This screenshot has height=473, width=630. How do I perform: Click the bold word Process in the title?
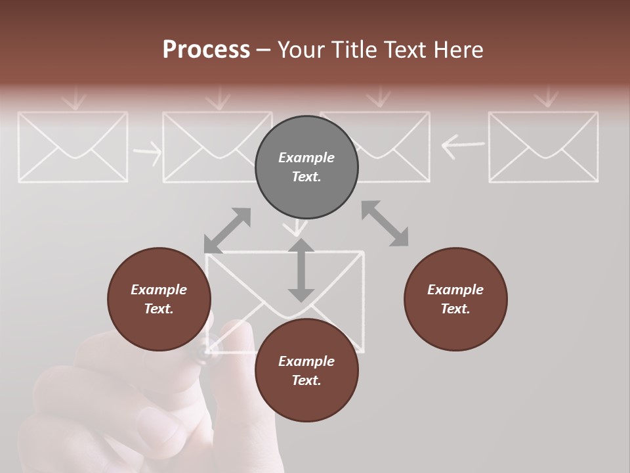206,50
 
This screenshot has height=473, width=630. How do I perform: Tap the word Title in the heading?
355,50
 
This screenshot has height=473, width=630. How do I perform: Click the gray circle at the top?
306,168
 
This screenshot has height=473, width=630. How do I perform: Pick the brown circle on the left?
159,299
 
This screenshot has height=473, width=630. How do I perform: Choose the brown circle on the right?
455,299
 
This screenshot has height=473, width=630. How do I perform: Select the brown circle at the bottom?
306,371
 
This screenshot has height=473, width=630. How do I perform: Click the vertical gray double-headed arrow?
301,270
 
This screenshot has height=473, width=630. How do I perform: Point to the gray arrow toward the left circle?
227,231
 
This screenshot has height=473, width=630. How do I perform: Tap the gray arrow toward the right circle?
385,223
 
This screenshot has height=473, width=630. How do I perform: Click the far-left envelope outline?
72,146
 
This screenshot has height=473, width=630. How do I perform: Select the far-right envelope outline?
543,146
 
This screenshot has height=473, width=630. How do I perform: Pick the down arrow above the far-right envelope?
546,98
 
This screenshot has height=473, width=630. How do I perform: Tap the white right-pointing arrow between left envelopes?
147,152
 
